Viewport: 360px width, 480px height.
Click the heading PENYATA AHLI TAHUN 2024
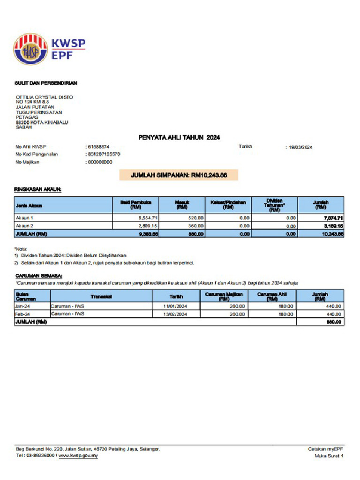click(179, 137)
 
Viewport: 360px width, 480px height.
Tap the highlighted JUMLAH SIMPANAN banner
click(179, 175)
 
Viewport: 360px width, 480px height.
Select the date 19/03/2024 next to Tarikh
click(300, 147)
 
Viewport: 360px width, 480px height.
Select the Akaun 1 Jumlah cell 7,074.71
click(333, 218)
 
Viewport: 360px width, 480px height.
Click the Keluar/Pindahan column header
click(228, 204)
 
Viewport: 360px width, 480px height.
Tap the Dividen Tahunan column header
click(274, 204)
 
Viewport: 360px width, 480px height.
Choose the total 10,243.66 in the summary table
click(332, 233)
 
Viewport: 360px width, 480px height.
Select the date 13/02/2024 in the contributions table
click(176, 314)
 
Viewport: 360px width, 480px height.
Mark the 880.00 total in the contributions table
click(333, 322)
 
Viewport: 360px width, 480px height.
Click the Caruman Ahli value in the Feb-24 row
click(285, 314)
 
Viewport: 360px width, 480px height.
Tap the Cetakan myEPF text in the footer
click(325, 449)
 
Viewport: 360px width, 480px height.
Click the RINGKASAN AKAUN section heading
click(38, 189)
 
